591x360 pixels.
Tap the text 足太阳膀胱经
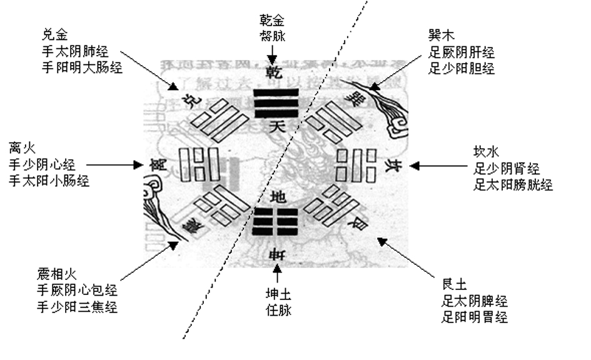pyautogui.click(x=513, y=184)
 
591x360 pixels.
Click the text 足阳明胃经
pyautogui.click(x=474, y=317)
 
